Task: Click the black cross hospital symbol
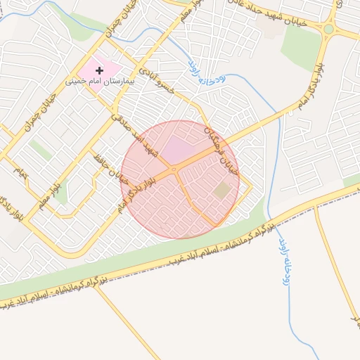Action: pos(99,70)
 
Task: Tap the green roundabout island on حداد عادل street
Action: pos(328,30)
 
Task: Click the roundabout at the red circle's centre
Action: pos(174,169)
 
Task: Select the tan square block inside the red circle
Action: pos(222,191)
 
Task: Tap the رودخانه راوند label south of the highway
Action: pos(287,260)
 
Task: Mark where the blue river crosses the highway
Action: pos(271,219)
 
